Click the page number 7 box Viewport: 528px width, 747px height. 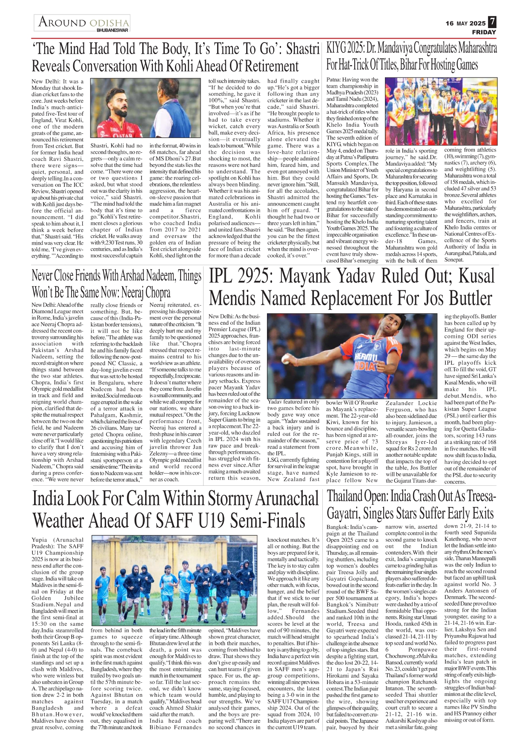coord(492,22)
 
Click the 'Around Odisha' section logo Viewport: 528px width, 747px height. coord(83,22)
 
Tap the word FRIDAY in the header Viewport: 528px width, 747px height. coord(484,32)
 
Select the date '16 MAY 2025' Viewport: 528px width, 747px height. coord(465,23)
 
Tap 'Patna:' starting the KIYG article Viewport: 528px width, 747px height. coord(335,80)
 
